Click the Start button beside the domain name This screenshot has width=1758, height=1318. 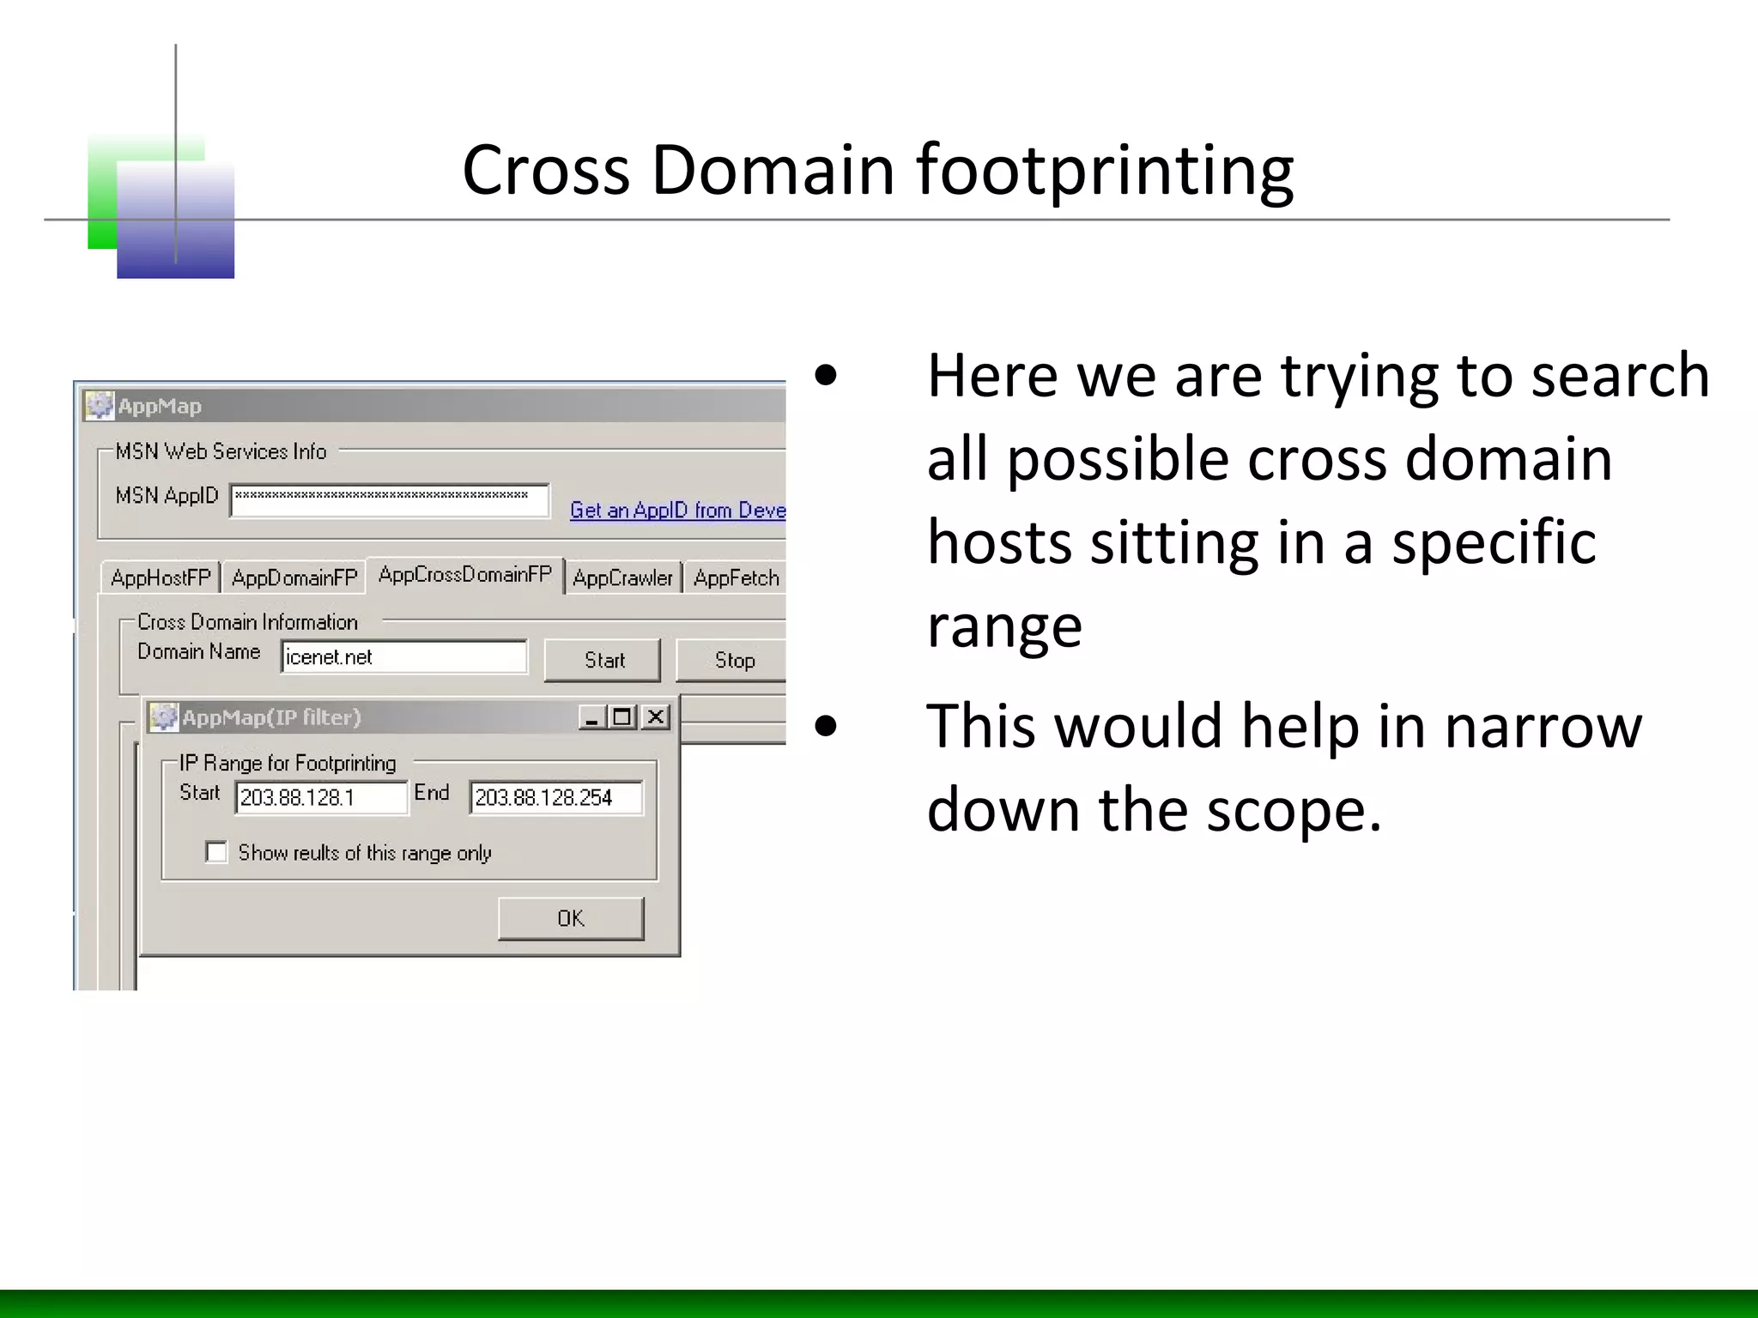pos(603,660)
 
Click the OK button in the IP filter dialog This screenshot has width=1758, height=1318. pos(571,918)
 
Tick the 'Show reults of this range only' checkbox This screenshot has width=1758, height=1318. pos(216,852)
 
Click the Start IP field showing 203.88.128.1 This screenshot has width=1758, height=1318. pos(321,797)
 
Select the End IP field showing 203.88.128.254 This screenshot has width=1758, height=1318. pos(555,797)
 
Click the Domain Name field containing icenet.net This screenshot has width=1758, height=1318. pos(403,657)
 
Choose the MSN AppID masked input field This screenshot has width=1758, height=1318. pos(390,501)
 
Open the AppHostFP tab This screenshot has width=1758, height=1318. pos(161,578)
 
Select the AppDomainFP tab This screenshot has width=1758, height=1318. pos(294,578)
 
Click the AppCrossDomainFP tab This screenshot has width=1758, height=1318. pos(465,575)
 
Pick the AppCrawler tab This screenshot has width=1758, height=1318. pos(622,578)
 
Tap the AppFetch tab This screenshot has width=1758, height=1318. pos(736,578)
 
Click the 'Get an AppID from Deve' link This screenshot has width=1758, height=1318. pos(677,511)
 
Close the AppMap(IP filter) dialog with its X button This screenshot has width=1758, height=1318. pos(656,716)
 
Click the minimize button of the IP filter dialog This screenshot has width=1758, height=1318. pos(591,716)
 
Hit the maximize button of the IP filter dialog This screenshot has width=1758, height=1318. pos(623,716)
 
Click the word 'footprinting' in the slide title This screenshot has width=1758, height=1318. pos(1105,170)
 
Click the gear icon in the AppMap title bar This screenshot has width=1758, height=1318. pos(100,405)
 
